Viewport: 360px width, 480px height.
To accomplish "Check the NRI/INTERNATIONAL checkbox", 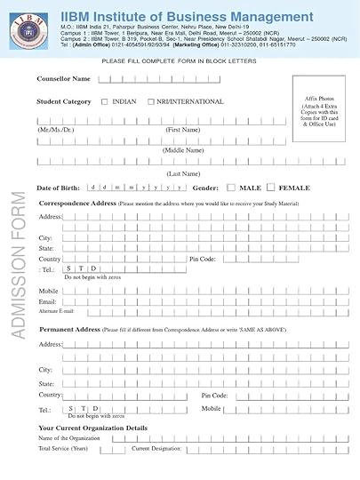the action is (151, 102).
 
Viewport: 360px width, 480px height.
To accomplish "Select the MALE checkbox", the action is (231, 188).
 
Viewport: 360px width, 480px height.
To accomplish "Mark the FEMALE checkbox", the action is (272, 188).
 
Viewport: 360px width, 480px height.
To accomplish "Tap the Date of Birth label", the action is (58, 188).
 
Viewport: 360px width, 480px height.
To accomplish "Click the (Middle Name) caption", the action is (183, 150).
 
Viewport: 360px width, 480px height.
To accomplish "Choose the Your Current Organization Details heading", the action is (92, 428).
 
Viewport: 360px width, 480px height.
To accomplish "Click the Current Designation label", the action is (156, 449).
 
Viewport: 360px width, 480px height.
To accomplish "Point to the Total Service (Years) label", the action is (62, 449).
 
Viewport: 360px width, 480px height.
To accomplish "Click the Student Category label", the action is (64, 102).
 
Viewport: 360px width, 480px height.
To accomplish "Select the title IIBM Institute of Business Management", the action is (187, 17).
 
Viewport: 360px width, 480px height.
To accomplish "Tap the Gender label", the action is (204, 188).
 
